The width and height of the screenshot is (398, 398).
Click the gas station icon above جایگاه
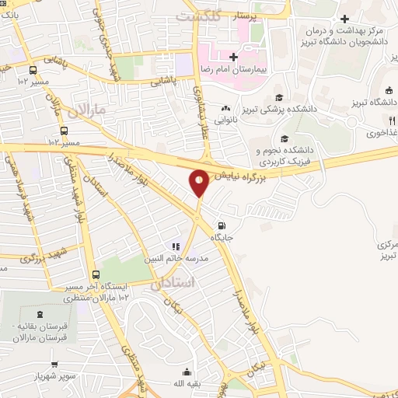pyautogui.click(x=224, y=219)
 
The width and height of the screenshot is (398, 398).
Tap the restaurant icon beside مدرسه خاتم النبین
pyautogui.click(x=176, y=247)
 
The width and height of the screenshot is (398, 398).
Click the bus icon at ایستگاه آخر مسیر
pyautogui.click(x=96, y=274)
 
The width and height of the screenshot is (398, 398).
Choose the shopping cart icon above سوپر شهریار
pyautogui.click(x=54, y=364)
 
